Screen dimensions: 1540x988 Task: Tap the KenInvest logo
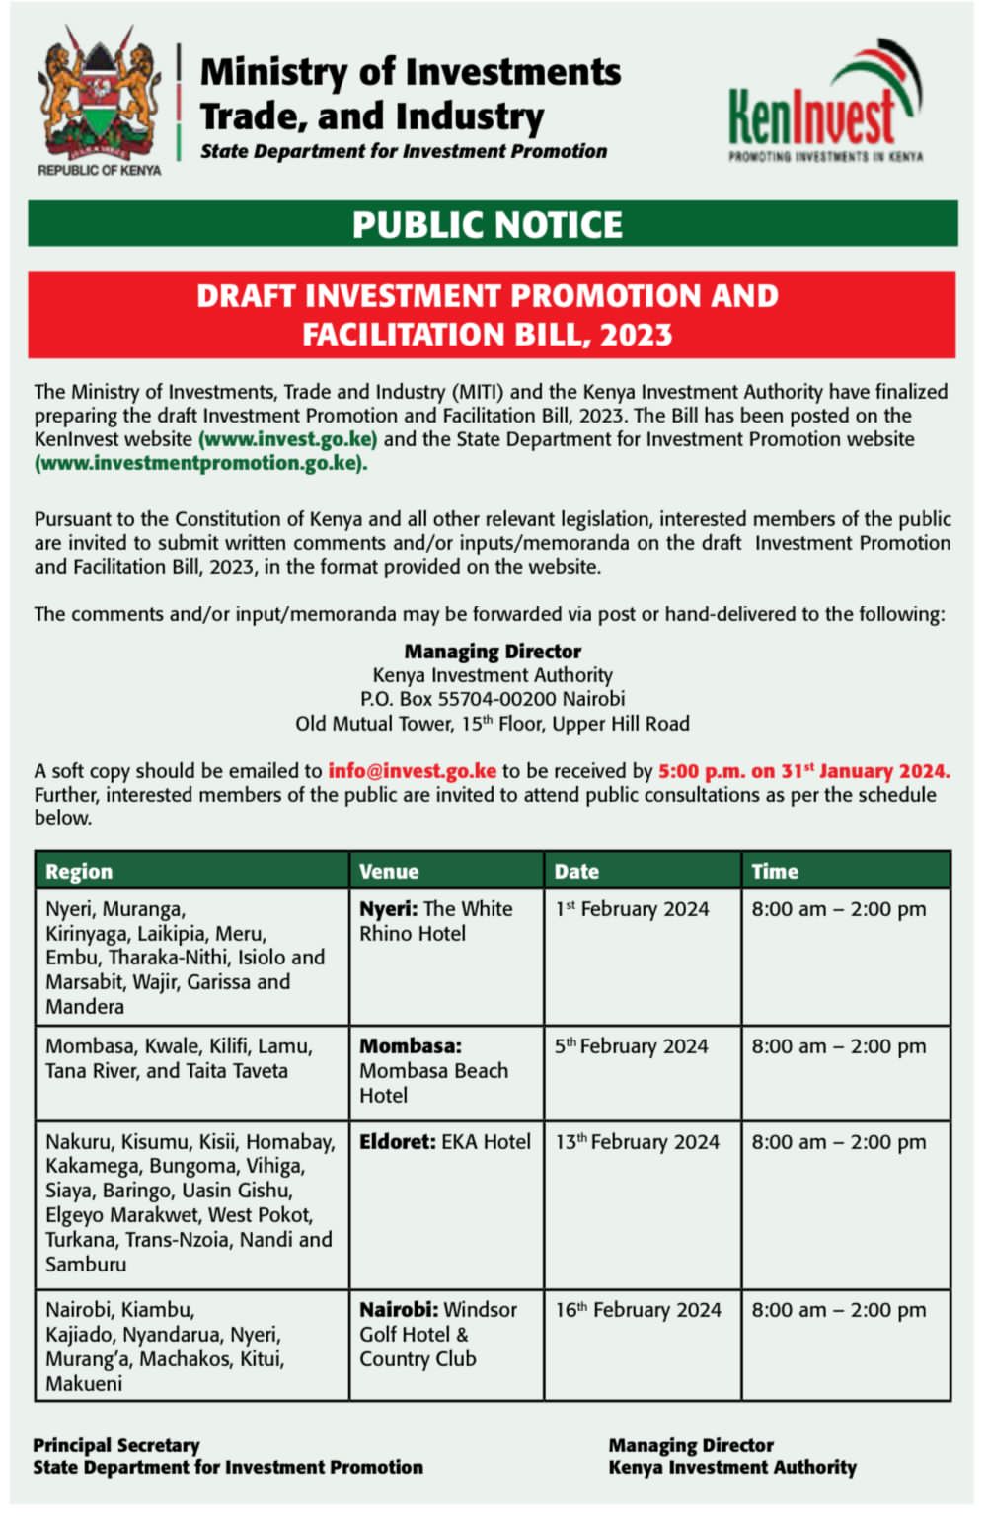pyautogui.click(x=825, y=103)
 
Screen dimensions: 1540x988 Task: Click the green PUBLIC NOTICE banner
pyautogui.click(x=493, y=224)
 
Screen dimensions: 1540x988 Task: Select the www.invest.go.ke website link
pyautogui.click(x=287, y=439)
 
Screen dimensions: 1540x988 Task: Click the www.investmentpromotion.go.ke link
pyautogui.click(x=200, y=463)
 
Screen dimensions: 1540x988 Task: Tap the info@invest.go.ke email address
pyautogui.click(x=412, y=771)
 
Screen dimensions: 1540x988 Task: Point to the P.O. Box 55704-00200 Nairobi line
pyautogui.click(x=493, y=699)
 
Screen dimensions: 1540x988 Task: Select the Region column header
pyautogui.click(x=79, y=872)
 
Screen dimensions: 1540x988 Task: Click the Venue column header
pyautogui.click(x=389, y=872)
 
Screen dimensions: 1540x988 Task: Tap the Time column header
pyautogui.click(x=775, y=872)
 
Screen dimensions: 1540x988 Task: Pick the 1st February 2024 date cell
pyautogui.click(x=632, y=909)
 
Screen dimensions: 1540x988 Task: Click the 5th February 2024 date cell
pyautogui.click(x=632, y=1046)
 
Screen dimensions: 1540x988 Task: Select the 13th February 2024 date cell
pyautogui.click(x=638, y=1142)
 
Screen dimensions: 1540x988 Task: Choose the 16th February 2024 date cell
pyautogui.click(x=639, y=1310)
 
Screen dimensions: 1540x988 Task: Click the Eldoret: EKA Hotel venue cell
pyautogui.click(x=445, y=1142)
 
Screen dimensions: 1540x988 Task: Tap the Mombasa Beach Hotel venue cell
pyautogui.click(x=433, y=1070)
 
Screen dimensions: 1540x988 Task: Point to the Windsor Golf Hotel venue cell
pyautogui.click(x=437, y=1334)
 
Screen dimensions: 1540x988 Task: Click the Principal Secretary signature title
pyautogui.click(x=116, y=1445)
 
